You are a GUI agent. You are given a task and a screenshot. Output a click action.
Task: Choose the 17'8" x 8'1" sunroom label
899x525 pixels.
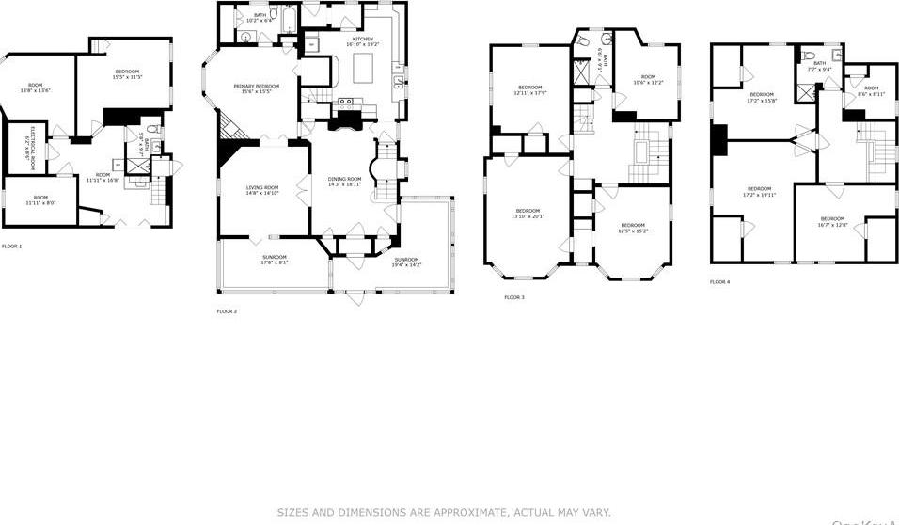point(274,260)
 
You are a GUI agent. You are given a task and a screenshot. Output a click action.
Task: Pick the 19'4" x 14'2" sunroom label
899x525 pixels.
point(406,262)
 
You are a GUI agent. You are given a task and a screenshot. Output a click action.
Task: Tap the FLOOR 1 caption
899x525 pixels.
point(11,246)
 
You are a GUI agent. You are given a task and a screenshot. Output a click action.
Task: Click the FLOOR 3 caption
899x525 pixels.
point(513,297)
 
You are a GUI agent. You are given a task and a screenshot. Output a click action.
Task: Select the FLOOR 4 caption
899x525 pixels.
point(719,281)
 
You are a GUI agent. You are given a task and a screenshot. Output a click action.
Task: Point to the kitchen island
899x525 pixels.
point(365,69)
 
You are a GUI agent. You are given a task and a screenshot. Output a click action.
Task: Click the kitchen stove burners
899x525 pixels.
point(345,102)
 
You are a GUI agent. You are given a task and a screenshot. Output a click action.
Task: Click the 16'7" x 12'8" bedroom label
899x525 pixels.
point(831,222)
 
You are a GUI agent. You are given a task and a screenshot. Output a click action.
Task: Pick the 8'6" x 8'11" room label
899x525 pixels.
point(872,91)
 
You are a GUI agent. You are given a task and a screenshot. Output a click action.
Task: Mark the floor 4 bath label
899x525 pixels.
point(819,66)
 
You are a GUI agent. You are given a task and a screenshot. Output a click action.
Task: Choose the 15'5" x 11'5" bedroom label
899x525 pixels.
point(128,74)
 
